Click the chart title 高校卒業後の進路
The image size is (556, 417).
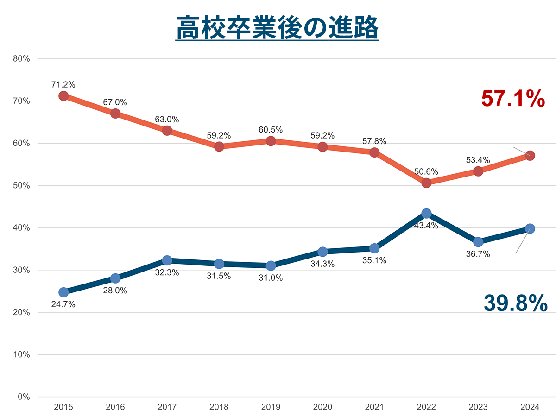coord(277,29)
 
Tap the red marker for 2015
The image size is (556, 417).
coord(63,96)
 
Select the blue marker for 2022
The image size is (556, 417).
coord(426,213)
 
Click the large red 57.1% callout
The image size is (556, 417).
coord(513,99)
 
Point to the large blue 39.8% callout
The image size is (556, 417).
coord(515,303)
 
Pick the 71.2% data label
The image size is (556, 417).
coord(63,84)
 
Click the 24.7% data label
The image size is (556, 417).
coord(63,304)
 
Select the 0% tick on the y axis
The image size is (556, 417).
coord(24,397)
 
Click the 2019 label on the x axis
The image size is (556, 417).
coord(271,407)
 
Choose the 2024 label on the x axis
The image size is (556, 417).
coord(530,407)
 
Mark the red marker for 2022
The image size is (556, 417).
coord(426,183)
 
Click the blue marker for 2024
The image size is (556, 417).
coord(530,228)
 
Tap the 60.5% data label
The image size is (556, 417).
coord(271,130)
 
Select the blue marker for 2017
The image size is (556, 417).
coord(167,260)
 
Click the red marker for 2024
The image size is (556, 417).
coord(530,155)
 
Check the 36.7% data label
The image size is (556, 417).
coord(478,254)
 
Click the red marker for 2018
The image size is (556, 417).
coord(219,146)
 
